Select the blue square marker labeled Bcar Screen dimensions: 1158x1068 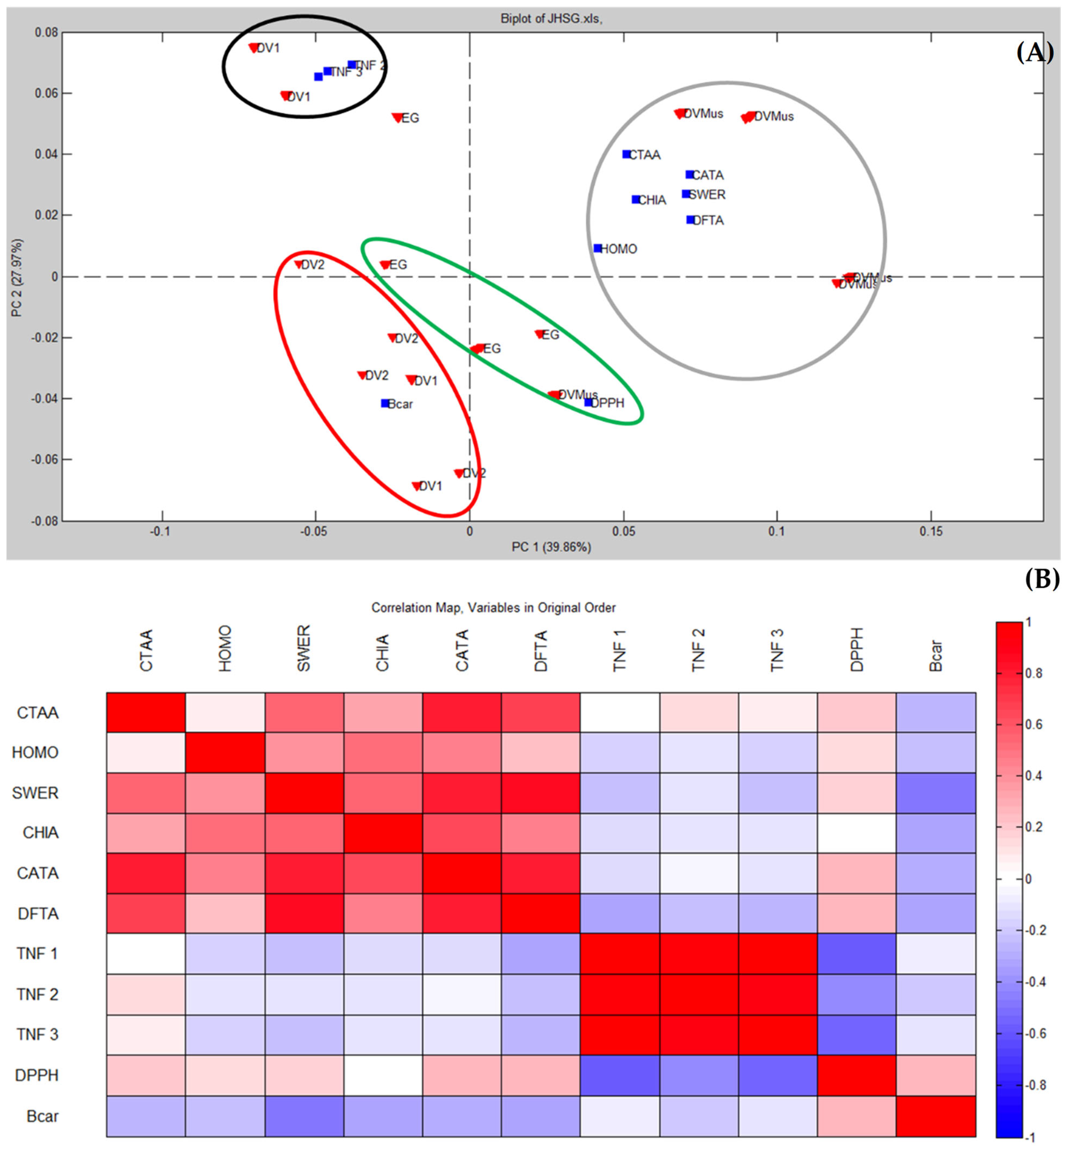[x=385, y=403]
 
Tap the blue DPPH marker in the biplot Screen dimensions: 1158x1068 [x=588, y=402]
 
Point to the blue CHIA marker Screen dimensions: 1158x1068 [x=636, y=199]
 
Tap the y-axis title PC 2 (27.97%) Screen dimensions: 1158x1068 [x=17, y=277]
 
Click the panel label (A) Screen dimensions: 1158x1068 [x=1034, y=53]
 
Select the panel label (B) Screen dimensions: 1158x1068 [x=1042, y=578]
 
